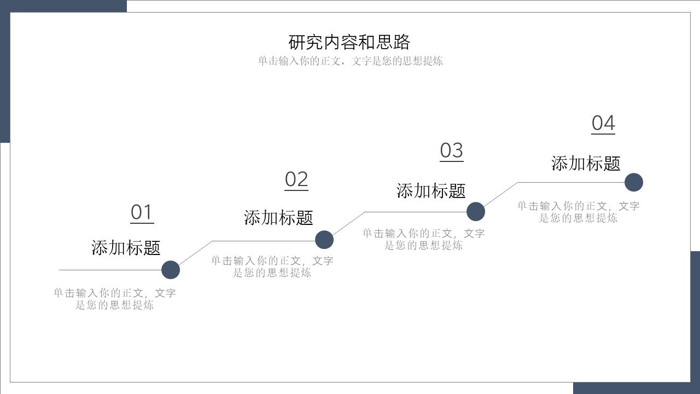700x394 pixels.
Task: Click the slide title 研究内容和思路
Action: click(x=349, y=42)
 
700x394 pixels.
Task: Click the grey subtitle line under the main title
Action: click(x=351, y=61)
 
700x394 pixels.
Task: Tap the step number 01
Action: click(x=142, y=212)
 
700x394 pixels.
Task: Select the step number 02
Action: click(x=296, y=179)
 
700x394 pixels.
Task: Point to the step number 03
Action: click(x=452, y=150)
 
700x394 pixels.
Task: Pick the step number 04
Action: click(x=603, y=123)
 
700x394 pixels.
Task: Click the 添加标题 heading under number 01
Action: click(x=126, y=247)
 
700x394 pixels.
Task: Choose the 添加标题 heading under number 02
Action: click(x=278, y=217)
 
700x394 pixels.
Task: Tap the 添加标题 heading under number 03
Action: click(x=431, y=190)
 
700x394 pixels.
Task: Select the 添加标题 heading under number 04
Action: click(x=586, y=163)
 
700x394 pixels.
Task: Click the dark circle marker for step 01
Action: click(x=171, y=270)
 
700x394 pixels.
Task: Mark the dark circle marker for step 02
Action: click(x=324, y=240)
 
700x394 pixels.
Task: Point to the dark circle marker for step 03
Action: click(x=476, y=212)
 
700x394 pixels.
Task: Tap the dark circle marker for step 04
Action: click(x=634, y=182)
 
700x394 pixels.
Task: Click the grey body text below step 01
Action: click(x=115, y=299)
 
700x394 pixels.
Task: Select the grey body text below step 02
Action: click(x=272, y=266)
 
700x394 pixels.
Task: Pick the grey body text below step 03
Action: click(x=424, y=239)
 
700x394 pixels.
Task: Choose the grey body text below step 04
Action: click(x=579, y=212)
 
